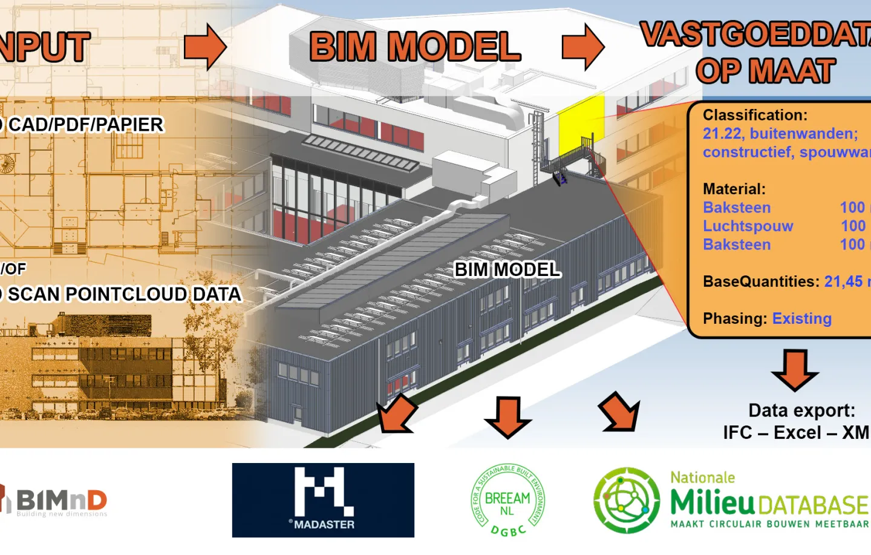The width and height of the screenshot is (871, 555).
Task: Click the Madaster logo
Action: (x=323, y=500)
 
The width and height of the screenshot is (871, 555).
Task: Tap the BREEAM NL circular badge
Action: (x=507, y=500)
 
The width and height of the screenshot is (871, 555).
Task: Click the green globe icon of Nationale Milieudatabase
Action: (x=627, y=501)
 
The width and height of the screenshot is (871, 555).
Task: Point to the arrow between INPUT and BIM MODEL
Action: (x=205, y=47)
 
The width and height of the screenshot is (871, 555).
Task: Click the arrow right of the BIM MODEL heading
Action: (x=583, y=47)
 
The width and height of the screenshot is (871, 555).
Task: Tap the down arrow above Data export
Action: (x=795, y=369)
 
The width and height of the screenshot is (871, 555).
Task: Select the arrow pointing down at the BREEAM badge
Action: (x=507, y=417)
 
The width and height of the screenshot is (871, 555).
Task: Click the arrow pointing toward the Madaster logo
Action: (x=396, y=414)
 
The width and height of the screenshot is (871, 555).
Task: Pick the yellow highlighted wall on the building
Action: (x=581, y=118)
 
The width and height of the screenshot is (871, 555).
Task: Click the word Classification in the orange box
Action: (x=755, y=115)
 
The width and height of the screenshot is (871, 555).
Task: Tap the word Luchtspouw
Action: (x=748, y=226)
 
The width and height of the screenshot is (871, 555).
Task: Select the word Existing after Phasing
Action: (x=801, y=319)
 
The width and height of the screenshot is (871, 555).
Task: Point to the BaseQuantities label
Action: (x=761, y=282)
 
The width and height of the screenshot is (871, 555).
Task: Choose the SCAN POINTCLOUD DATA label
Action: (x=123, y=294)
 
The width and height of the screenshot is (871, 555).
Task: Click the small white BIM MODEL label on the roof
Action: (x=507, y=269)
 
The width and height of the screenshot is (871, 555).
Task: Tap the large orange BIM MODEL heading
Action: (x=415, y=47)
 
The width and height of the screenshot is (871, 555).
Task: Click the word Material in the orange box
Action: (x=734, y=189)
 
